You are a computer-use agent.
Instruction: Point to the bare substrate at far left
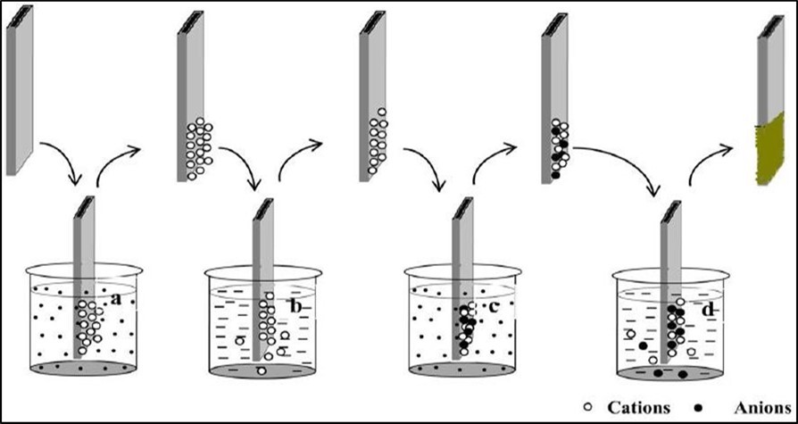pos(19,89)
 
